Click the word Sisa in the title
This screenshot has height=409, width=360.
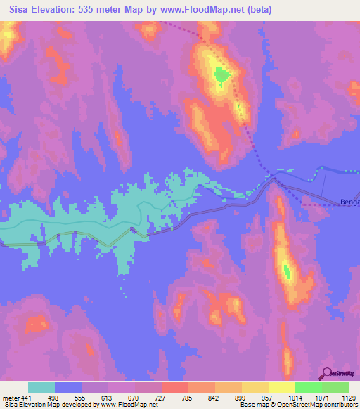coord(22,10)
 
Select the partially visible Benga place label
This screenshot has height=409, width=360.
coord(349,202)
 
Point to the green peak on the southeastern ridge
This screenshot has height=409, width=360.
coord(287,270)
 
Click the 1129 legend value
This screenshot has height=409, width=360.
coord(348,398)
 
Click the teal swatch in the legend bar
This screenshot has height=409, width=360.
coord(41,387)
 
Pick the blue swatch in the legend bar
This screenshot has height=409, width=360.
coord(68,387)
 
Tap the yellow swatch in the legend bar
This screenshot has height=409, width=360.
coord(281,387)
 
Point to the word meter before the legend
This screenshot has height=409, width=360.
coord(11,398)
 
